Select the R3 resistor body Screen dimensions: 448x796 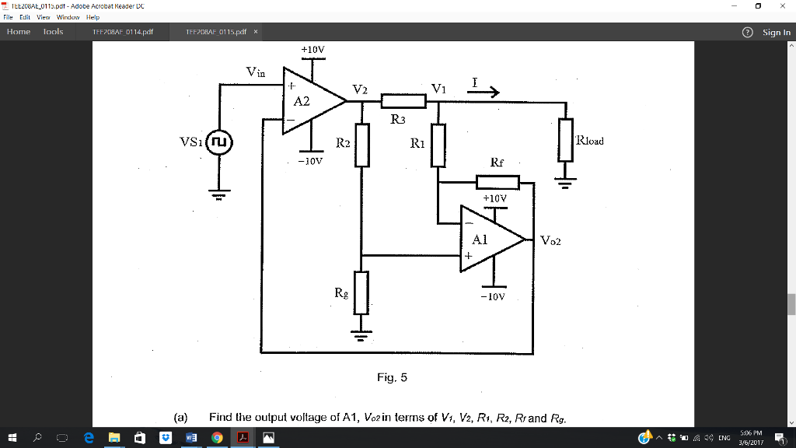coord(404,101)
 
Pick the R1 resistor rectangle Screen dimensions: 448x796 coord(438,145)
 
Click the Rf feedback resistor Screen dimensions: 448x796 coord(497,183)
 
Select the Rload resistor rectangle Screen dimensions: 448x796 coord(565,140)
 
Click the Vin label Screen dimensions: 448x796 coord(256,72)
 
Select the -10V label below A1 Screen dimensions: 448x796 coord(492,297)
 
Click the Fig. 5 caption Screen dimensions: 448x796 coord(392,378)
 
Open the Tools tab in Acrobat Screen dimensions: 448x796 coord(53,32)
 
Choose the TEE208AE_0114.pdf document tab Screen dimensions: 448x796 coord(123,32)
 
